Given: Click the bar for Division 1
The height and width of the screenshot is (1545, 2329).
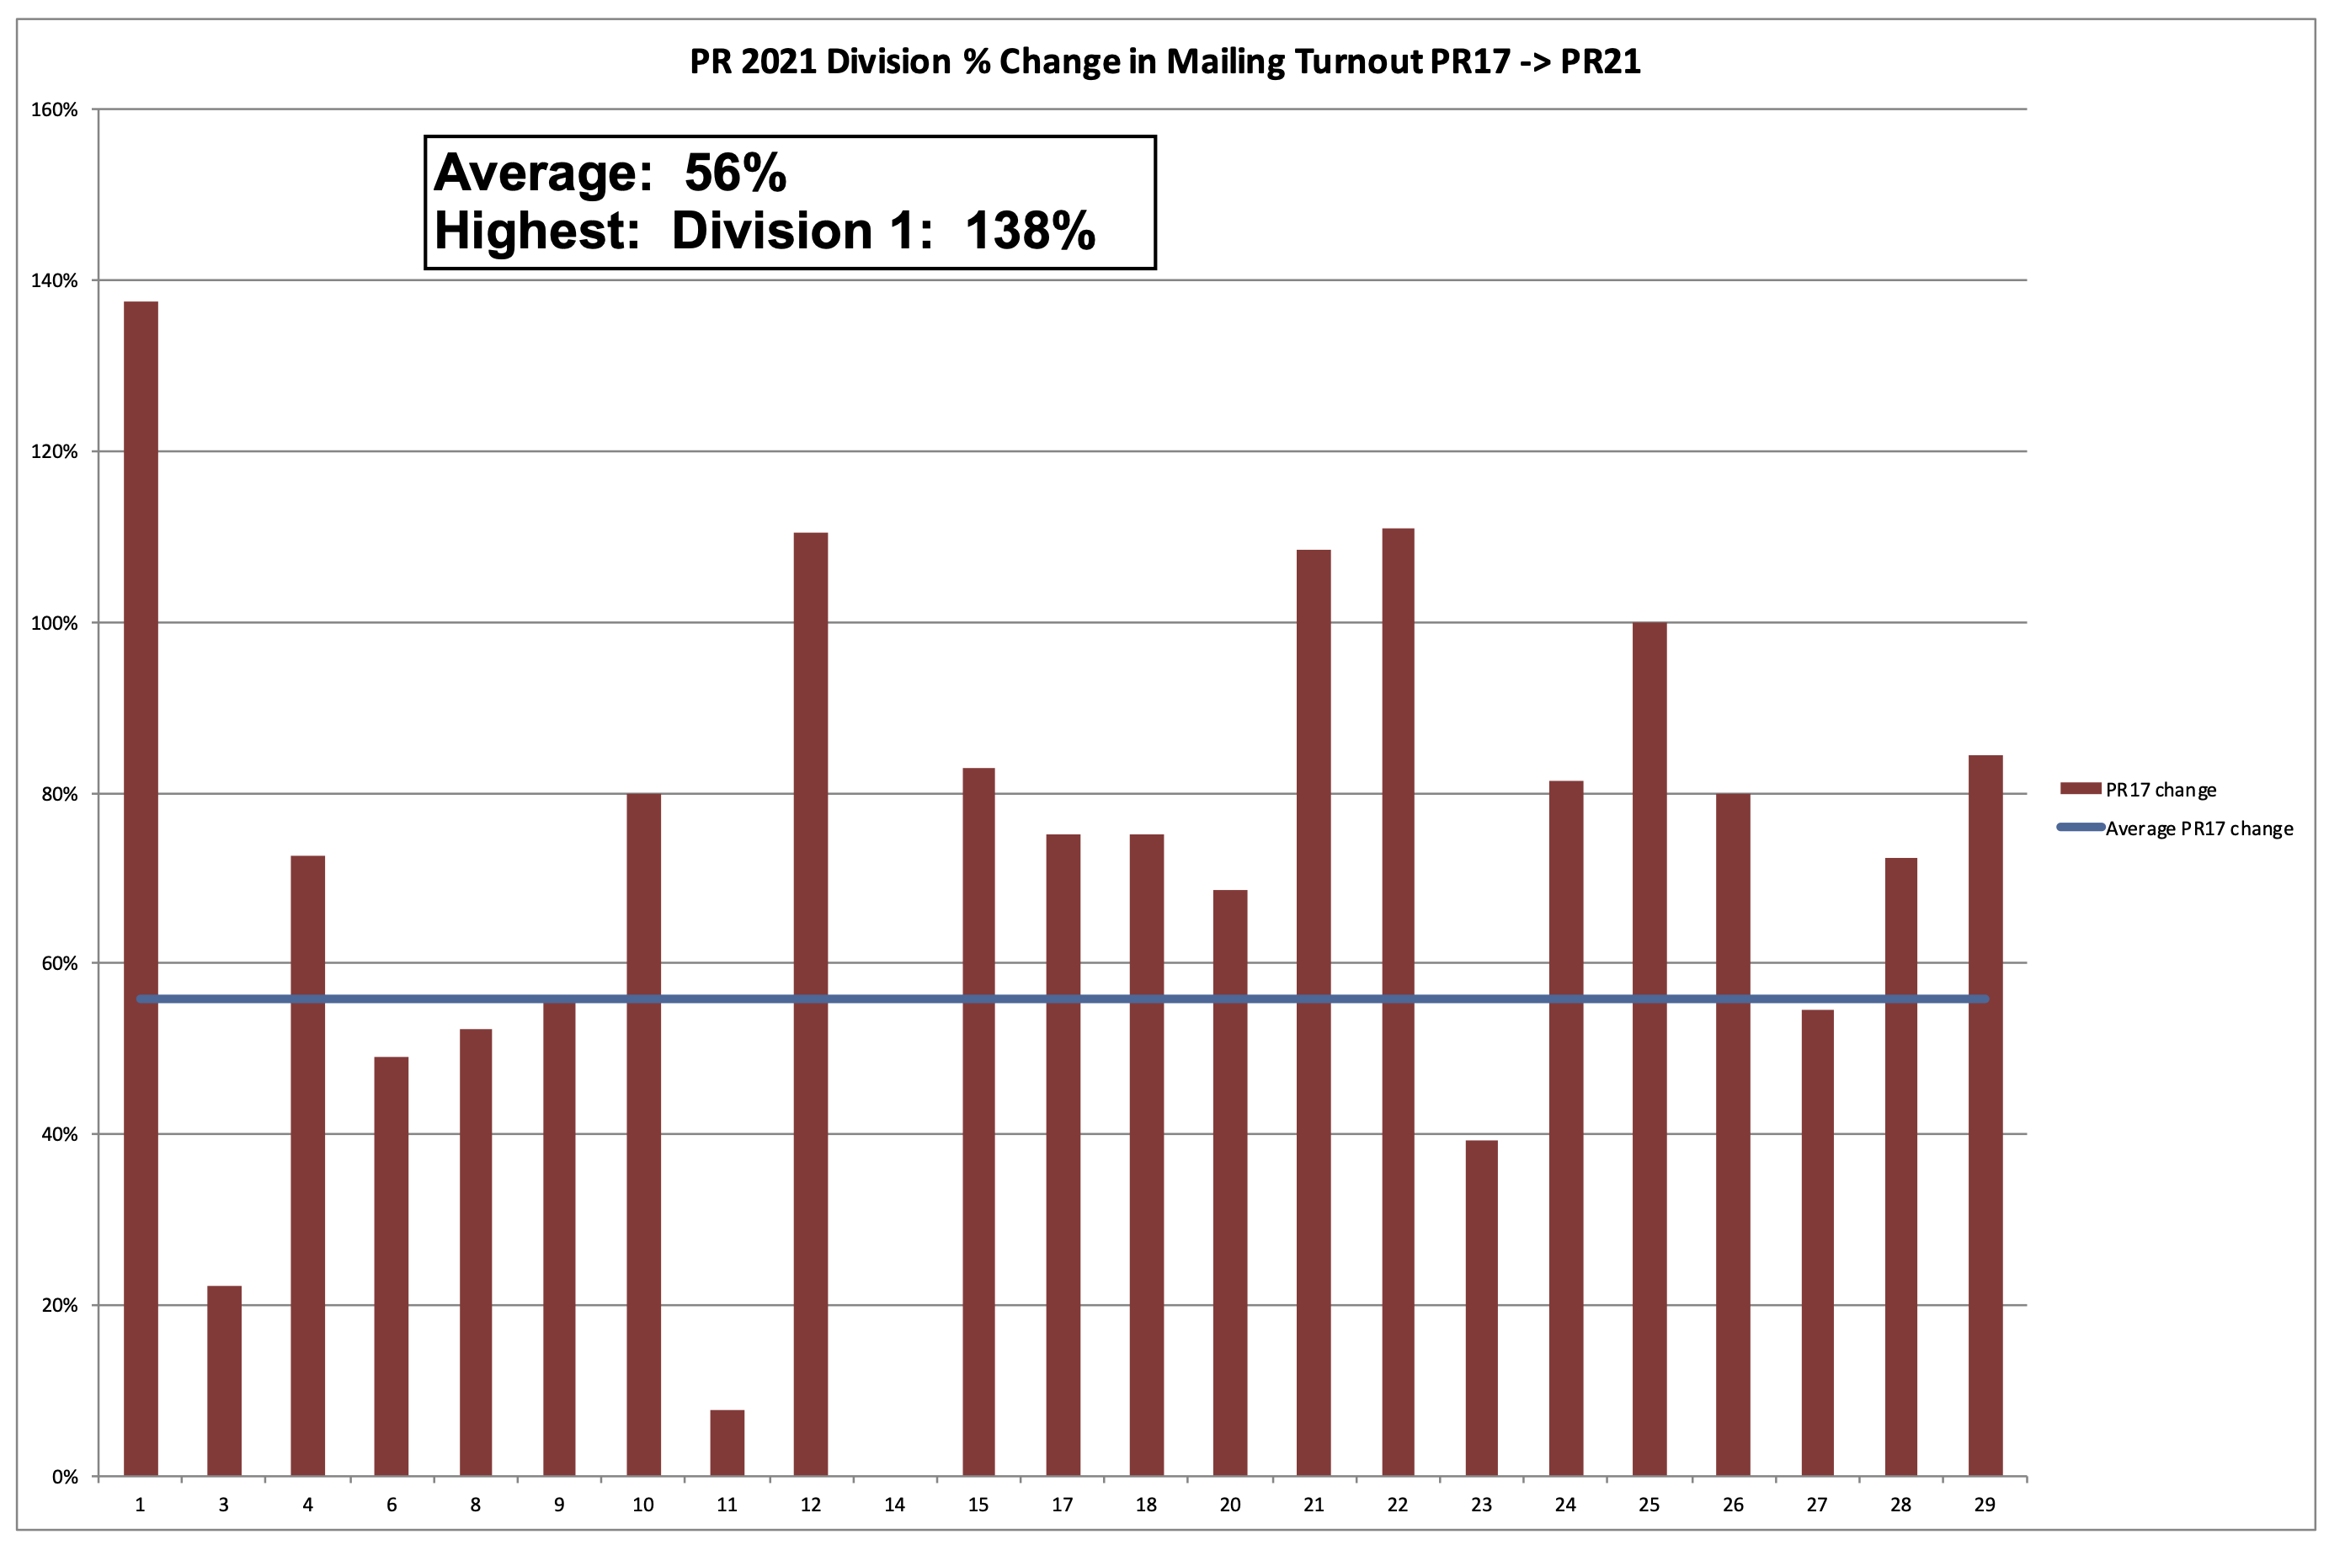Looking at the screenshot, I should pos(141,887).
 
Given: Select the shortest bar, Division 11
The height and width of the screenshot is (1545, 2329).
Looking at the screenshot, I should pos(727,1442).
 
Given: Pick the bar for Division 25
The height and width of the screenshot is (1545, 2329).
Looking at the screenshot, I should pos(1649,1048).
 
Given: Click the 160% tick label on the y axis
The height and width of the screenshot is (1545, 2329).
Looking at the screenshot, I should pos(54,110).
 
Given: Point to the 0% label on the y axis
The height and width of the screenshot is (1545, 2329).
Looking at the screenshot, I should pos(65,1477).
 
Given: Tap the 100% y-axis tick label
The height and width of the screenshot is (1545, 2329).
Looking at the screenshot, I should pos(54,624).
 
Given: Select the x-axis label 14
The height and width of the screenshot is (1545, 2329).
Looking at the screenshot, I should pos(894,1505).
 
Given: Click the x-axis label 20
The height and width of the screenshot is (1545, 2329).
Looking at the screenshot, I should pos(1229,1505).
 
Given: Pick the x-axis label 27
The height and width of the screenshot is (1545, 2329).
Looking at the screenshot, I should pos(1817,1505).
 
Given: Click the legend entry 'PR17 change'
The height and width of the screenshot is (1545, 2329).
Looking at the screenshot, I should pos(2161,789).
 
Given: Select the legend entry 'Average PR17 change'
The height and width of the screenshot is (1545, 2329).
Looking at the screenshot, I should pos(2199,828).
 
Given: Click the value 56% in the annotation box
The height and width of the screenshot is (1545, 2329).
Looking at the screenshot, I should pos(735,173).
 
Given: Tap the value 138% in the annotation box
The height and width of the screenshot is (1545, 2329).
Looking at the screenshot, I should pos(1030,232).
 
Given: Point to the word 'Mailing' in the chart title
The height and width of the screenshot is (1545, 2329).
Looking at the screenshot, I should pos(1226,62).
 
